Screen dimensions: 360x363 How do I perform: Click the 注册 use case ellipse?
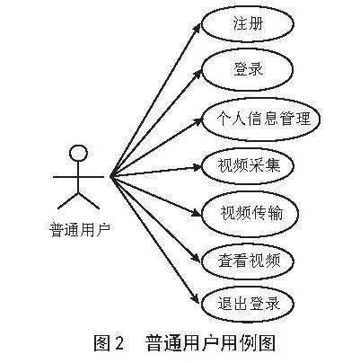pyautogui.click(x=248, y=23)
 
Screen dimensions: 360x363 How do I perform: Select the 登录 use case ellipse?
pyautogui.click(x=248, y=70)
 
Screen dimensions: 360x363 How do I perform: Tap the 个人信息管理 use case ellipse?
pyautogui.click(x=261, y=119)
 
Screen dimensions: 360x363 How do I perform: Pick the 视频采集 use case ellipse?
pyautogui.click(x=248, y=165)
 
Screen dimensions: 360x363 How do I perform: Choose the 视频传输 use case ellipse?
pyautogui.click(x=250, y=214)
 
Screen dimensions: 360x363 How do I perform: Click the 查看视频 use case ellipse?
pyautogui.click(x=248, y=261)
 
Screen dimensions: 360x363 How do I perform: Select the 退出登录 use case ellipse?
pyautogui.click(x=248, y=305)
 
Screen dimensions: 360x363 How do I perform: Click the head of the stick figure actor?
pyautogui.click(x=79, y=153)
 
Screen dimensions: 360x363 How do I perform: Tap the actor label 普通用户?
pyautogui.click(x=80, y=230)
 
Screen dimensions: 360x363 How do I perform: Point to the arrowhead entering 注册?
pyautogui.click(x=198, y=27)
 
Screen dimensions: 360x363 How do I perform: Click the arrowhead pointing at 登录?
pyautogui.click(x=198, y=74)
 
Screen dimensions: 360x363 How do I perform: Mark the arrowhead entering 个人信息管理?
pyautogui.click(x=198, y=121)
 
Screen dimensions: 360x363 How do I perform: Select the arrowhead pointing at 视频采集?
pyautogui.click(x=197, y=167)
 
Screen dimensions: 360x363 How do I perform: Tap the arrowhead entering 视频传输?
pyautogui.click(x=197, y=213)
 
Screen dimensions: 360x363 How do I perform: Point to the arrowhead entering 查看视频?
pyautogui.click(x=196, y=258)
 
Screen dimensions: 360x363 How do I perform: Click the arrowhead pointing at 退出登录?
pyautogui.click(x=195, y=299)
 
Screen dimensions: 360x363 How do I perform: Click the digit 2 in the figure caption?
pyautogui.click(x=119, y=343)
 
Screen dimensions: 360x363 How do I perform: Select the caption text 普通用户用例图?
pyautogui.click(x=210, y=343)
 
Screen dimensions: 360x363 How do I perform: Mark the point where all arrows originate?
pyautogui.click(x=110, y=177)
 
